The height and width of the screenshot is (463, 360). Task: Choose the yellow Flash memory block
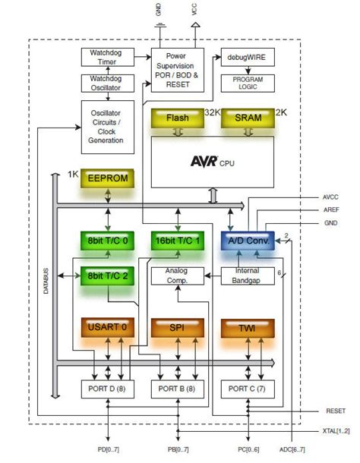tap(177, 118)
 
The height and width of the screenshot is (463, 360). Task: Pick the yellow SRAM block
tap(247, 118)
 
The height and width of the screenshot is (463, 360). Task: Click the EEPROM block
tap(107, 178)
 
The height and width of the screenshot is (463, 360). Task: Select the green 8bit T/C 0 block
tap(107, 241)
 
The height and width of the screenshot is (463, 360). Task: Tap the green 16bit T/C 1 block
tap(177, 241)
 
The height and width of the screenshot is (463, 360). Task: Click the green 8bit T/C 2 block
tap(107, 275)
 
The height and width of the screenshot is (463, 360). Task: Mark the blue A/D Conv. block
tap(247, 241)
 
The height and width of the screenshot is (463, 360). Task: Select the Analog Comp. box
tap(177, 275)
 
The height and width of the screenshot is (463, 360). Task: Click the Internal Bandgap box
tap(247, 275)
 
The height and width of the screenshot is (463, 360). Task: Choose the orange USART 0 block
tap(107, 329)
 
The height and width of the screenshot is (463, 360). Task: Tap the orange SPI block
tap(177, 329)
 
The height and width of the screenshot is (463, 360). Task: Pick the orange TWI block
tap(247, 329)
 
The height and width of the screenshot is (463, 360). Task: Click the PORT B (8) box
tap(177, 389)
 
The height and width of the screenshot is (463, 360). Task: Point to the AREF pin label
tap(331, 209)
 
